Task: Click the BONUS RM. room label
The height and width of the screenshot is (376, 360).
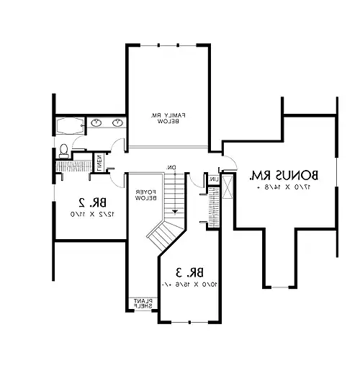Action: coord(284,175)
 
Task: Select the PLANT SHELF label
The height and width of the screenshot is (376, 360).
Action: coord(140,303)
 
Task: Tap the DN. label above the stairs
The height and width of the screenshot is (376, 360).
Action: coord(172,168)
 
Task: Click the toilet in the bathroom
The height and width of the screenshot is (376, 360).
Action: coord(63,150)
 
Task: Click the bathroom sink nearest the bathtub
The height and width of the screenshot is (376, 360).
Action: coord(96,124)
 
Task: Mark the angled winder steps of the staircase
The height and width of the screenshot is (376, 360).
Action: coord(163,233)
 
